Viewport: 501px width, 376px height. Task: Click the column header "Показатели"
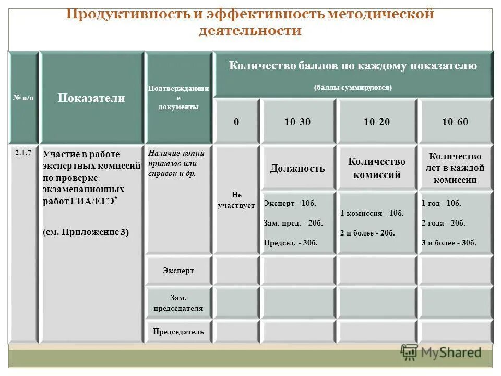tap(91, 98)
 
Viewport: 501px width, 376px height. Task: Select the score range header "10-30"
tap(297, 122)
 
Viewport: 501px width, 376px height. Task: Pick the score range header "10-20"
tap(377, 122)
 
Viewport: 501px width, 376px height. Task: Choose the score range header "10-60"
tap(455, 122)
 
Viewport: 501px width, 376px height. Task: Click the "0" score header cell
tap(236, 122)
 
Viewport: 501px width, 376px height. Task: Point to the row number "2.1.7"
tap(23, 152)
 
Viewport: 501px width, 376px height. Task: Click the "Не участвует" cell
tap(236, 199)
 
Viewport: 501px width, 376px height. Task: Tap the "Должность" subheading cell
tap(297, 168)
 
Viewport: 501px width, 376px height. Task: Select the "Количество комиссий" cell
tap(377, 168)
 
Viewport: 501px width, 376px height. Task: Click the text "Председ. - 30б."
tap(291, 243)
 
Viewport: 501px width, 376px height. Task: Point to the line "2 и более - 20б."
tap(367, 233)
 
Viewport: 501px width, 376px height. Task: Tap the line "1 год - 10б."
tap(442, 203)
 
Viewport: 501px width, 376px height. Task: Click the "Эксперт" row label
tap(178, 271)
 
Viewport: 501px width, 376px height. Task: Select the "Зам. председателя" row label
tap(178, 303)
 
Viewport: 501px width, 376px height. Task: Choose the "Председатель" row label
tap(178, 332)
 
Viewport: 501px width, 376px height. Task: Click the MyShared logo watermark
tap(441, 352)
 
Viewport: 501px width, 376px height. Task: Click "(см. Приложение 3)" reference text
tap(86, 232)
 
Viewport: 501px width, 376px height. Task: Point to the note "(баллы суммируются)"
tap(353, 88)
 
